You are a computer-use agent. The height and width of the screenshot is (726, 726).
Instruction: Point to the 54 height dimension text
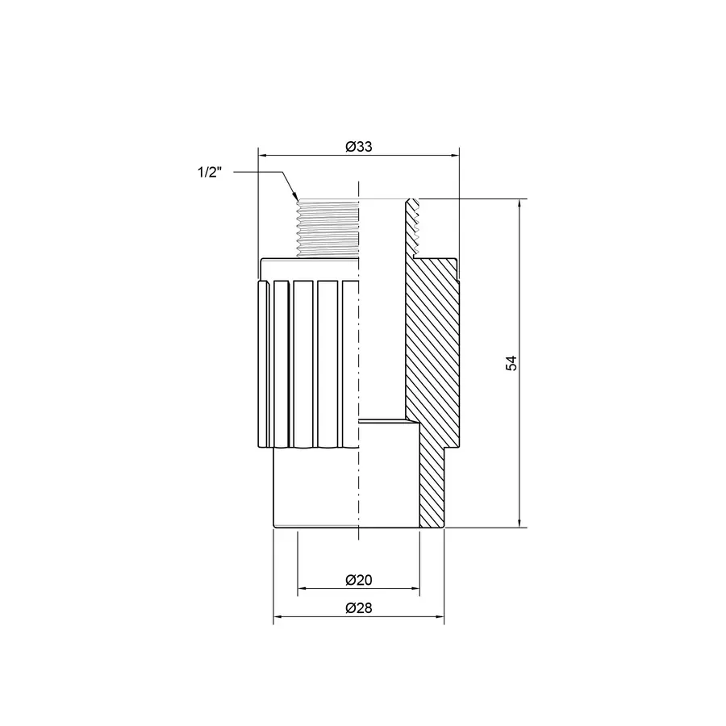tap(511, 363)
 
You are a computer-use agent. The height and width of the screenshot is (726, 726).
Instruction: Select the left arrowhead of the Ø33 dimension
tap(262, 156)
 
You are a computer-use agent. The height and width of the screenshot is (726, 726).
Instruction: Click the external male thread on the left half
tap(327, 228)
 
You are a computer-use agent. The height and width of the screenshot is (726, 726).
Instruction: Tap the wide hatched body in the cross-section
tap(432, 347)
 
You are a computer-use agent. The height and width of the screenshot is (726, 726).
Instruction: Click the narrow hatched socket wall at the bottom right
tap(432, 484)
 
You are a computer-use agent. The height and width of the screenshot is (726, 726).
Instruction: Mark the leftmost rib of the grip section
tap(264, 363)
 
